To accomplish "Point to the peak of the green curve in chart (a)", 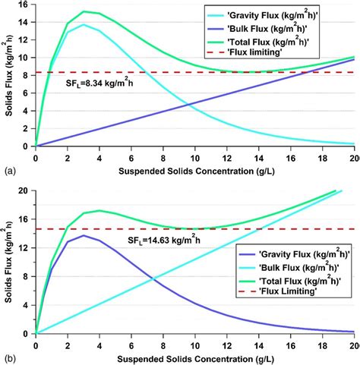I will [84, 11].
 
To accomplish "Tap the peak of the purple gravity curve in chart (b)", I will [84, 235].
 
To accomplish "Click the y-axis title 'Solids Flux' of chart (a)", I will [7, 76].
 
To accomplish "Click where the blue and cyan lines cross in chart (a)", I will [188, 102].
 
